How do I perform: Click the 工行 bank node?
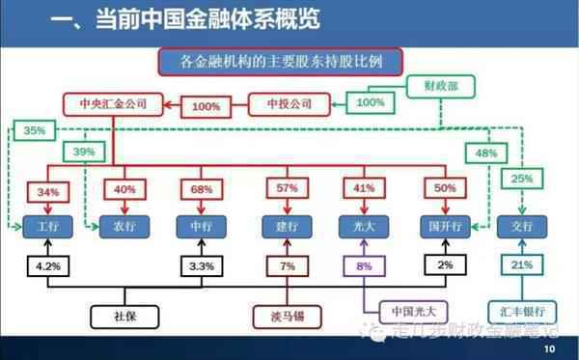tap(45, 227)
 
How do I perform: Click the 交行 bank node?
tap(523, 227)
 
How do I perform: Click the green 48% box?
tap(485, 151)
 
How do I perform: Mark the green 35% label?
tap(34, 129)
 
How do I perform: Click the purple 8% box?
tap(364, 264)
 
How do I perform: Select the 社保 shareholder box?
tap(125, 314)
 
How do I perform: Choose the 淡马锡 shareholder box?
tap(286, 314)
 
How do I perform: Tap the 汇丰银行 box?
tap(523, 311)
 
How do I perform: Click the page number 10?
tap(550, 348)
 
